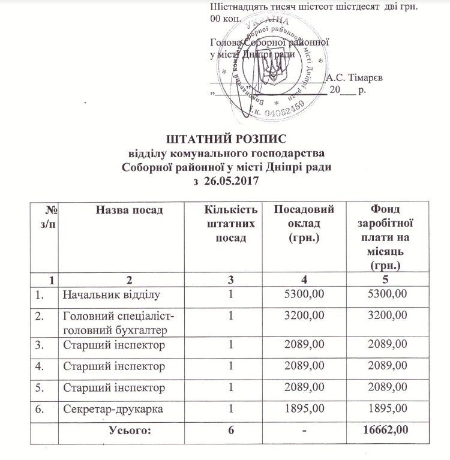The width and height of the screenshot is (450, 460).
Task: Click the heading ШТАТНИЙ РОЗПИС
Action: [226, 139]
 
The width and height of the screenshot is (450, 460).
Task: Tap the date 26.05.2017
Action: [232, 179]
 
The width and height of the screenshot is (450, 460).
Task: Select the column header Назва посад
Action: [128, 209]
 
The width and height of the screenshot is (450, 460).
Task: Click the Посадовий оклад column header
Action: [303, 223]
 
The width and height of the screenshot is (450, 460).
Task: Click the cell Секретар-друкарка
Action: [112, 410]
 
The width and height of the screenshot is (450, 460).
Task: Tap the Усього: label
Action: [130, 430]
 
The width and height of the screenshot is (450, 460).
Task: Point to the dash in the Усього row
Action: [305, 430]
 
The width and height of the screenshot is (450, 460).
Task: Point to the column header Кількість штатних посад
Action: [230, 223]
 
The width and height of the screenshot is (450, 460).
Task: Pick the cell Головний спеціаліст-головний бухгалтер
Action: [115, 321]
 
